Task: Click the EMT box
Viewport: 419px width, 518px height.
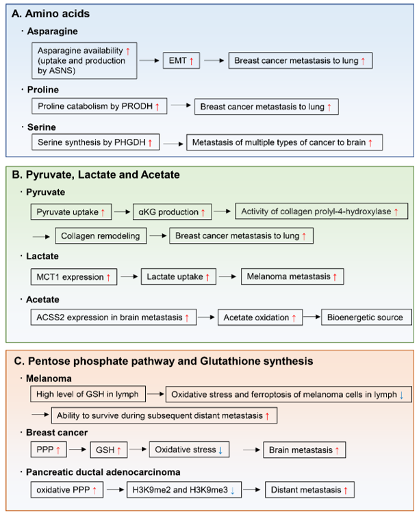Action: click(x=181, y=60)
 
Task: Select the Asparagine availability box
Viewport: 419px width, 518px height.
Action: click(x=84, y=60)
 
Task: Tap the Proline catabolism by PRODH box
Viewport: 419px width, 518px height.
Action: click(x=99, y=106)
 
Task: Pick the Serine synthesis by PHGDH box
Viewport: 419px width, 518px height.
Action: click(x=96, y=142)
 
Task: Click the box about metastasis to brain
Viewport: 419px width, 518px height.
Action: click(x=285, y=142)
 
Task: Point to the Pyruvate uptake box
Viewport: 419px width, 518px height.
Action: click(x=71, y=211)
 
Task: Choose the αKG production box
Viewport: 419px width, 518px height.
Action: click(x=172, y=211)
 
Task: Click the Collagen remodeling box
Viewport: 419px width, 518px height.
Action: click(x=101, y=235)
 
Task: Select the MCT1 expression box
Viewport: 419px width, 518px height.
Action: click(x=74, y=277)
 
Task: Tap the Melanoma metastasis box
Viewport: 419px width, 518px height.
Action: click(x=292, y=276)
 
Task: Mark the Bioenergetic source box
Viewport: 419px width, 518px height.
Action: click(x=366, y=317)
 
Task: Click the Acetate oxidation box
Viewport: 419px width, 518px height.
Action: click(x=260, y=318)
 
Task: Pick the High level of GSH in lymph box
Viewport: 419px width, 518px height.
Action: click(x=88, y=393)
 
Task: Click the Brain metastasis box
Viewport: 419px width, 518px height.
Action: click(x=305, y=450)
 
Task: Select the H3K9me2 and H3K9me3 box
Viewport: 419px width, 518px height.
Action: click(x=184, y=489)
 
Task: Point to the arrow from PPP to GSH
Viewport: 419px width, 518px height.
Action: click(x=78, y=450)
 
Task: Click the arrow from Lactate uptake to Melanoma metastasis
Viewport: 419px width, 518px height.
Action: click(x=228, y=276)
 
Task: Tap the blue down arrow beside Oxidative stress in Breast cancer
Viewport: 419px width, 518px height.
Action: click(x=220, y=450)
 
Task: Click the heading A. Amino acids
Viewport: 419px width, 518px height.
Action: click(x=51, y=14)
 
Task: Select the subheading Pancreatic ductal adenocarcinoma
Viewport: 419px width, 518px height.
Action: click(x=103, y=472)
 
